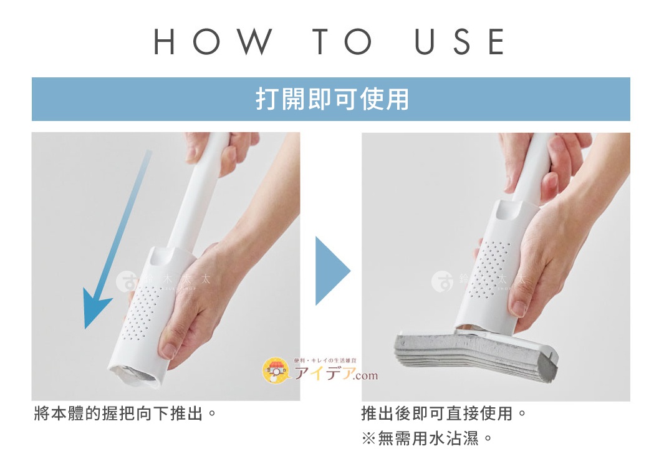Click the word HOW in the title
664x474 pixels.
(x=213, y=42)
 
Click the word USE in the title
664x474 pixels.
(x=460, y=42)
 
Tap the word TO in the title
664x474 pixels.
(x=344, y=42)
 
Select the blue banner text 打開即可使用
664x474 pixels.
(x=331, y=100)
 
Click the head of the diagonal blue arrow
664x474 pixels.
(x=95, y=312)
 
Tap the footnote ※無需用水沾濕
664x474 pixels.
(x=427, y=438)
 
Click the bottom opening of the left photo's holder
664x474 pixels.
(x=135, y=375)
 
